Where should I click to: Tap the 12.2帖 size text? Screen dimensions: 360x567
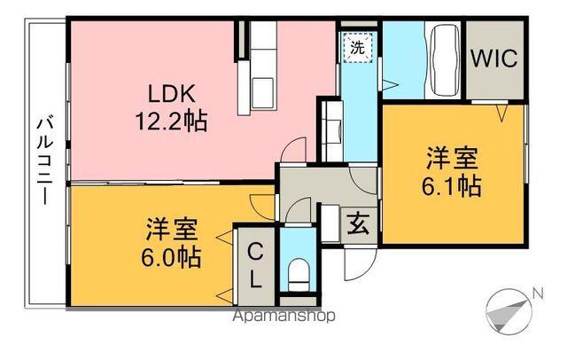click(x=172, y=121)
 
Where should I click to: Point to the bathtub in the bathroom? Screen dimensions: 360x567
click(x=442, y=60)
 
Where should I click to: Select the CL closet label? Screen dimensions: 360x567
click(x=254, y=263)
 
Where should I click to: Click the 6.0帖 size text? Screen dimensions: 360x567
click(x=173, y=258)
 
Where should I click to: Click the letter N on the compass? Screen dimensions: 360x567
click(x=537, y=294)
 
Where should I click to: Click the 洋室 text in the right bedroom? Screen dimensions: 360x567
click(x=452, y=160)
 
